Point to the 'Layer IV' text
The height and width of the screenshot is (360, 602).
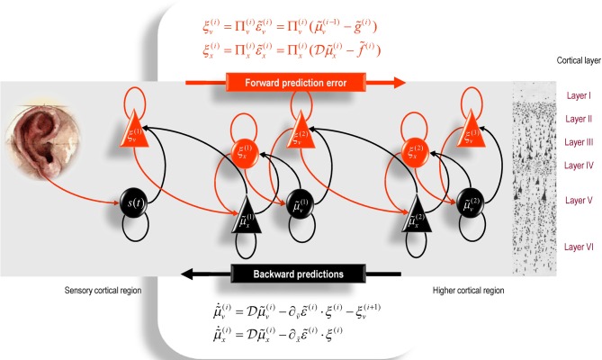point(577,165)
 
